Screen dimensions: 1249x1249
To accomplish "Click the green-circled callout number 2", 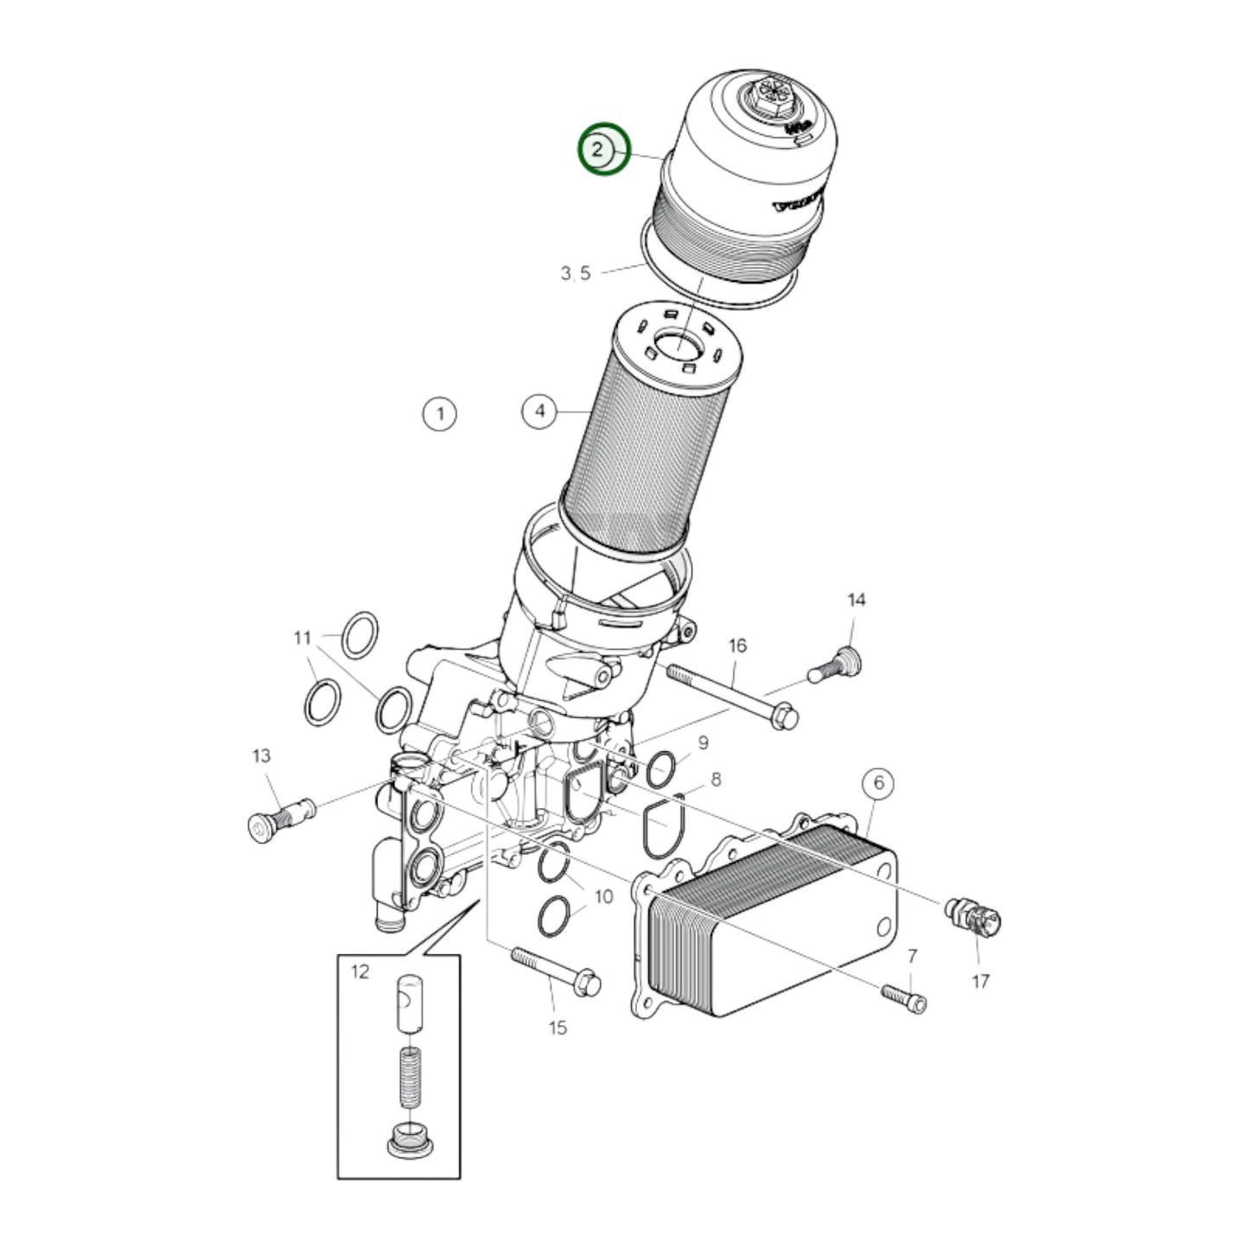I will pos(604,149).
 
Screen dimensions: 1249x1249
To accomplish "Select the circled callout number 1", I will pos(440,414).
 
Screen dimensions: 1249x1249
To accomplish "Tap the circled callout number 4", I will pos(540,411).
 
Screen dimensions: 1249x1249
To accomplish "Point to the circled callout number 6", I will pos(879,783).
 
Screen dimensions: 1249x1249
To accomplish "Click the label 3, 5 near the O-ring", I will pos(576,274).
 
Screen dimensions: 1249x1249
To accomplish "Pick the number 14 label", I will pos(856,600).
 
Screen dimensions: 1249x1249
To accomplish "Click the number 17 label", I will pos(980,981).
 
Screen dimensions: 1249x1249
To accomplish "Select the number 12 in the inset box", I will pos(360,972).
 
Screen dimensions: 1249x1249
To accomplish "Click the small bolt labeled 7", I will pos(905,997).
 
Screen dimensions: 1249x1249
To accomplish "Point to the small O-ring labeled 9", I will pos(661,768).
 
